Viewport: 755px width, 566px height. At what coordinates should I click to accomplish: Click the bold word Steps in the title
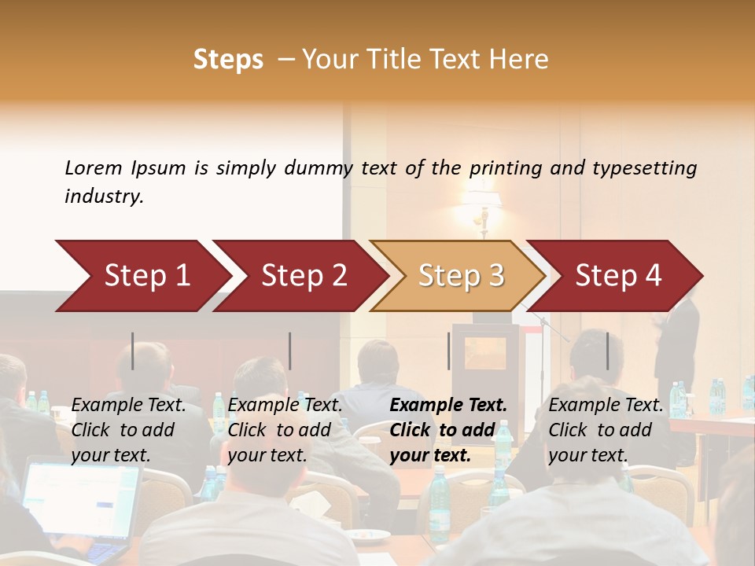coord(228,60)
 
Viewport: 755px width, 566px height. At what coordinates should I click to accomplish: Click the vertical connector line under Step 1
coord(133,351)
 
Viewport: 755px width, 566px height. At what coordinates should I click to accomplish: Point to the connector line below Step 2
coord(290,351)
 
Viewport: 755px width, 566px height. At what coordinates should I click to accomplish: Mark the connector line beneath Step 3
coord(449,351)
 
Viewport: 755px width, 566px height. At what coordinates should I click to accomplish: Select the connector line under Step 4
coord(607,351)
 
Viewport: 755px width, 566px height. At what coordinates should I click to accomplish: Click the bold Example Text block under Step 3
coord(448,430)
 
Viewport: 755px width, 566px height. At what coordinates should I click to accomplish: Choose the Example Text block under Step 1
coord(128,430)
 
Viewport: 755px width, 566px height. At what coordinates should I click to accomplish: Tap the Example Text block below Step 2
coord(285,430)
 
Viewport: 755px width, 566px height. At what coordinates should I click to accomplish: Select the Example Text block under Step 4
coord(606,430)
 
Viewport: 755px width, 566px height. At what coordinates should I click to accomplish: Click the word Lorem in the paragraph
coord(93,168)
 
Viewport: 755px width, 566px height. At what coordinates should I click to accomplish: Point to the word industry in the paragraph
coord(104,197)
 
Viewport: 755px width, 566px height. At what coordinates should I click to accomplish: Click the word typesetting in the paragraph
coord(644,168)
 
